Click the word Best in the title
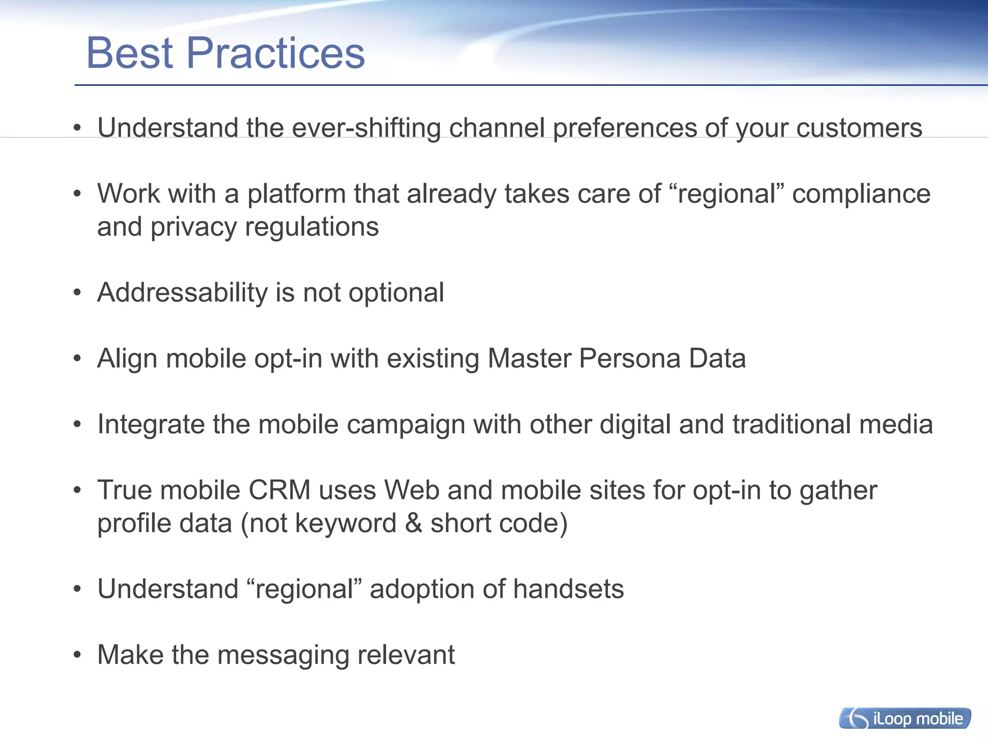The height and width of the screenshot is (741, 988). pyautogui.click(x=129, y=53)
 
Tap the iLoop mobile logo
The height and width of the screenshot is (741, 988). pyautogui.click(x=905, y=718)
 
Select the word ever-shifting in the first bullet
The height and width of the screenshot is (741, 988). pyautogui.click(x=366, y=128)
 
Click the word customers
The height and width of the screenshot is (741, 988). pyautogui.click(x=859, y=128)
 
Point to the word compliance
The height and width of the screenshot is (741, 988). pyautogui.click(x=861, y=194)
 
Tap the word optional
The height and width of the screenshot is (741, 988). pyautogui.click(x=396, y=293)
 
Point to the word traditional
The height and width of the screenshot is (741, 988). pyautogui.click(x=791, y=425)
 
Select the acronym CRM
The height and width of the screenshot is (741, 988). pyautogui.click(x=279, y=491)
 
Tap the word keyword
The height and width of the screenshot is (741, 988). pyautogui.click(x=345, y=523)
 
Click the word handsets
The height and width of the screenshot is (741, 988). pyautogui.click(x=568, y=590)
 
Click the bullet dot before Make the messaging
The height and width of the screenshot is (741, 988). pyautogui.click(x=77, y=655)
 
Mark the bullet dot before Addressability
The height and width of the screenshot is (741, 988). pyautogui.click(x=77, y=293)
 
